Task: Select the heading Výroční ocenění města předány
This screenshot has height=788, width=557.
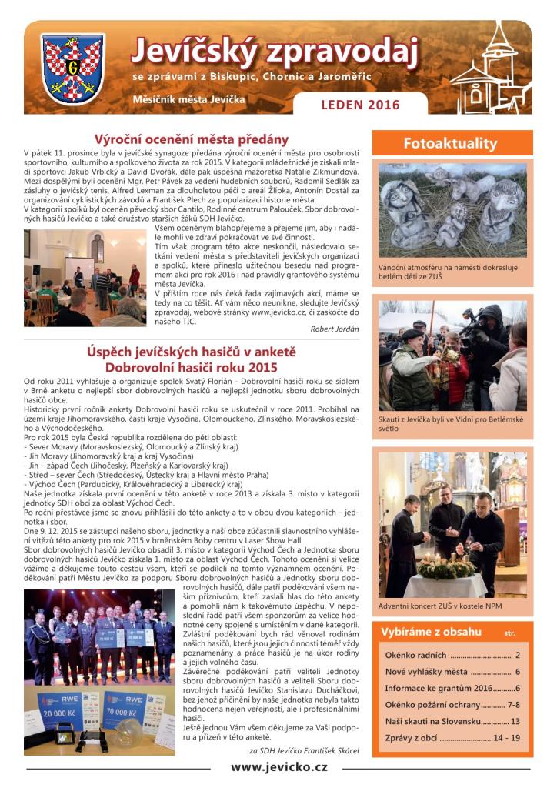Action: (x=191, y=139)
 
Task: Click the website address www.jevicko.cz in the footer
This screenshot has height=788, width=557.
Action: (x=278, y=767)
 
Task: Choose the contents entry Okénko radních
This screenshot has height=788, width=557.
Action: (x=452, y=655)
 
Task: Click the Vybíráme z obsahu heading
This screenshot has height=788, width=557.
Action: (x=432, y=632)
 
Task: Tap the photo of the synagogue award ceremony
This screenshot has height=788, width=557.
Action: (x=85, y=278)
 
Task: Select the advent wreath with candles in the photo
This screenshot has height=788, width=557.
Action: (x=446, y=568)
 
